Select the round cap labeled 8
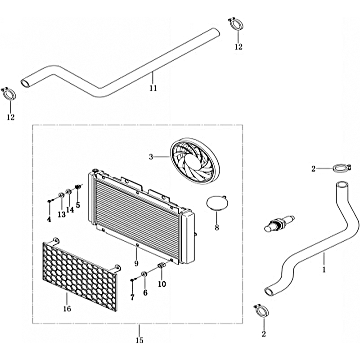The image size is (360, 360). pos(217,202)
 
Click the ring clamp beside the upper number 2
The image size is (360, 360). pos(340,169)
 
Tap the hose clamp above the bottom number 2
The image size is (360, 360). pos(261,310)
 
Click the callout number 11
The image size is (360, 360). pos(153,88)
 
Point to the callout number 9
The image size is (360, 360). pos(136,263)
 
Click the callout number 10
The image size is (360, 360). pos(162,284)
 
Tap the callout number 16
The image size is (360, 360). pos(67,309)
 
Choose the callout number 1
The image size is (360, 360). pos(323,271)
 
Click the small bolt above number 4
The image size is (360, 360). pos(49,201)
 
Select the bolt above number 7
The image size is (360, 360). pos(133,280)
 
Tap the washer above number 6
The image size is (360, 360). pos(144,274)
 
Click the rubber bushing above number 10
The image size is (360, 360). pos(161,267)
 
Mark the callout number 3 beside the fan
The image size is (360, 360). pos(151,157)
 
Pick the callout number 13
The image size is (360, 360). pos(61,215)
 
